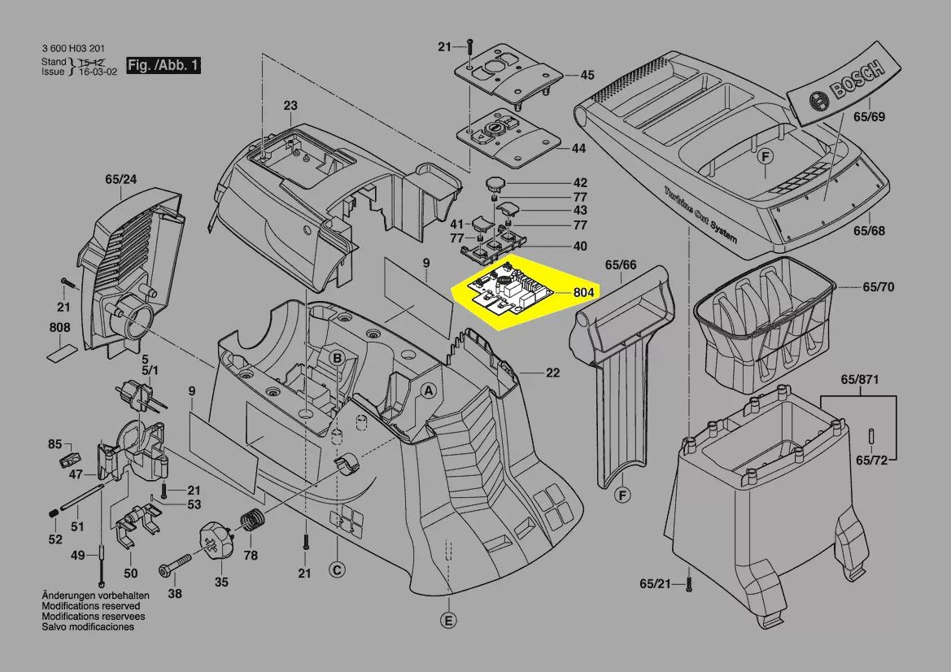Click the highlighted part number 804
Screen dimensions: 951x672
click(x=583, y=292)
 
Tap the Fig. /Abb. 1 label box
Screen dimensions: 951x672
click(x=164, y=65)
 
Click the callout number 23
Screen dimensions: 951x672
click(x=290, y=106)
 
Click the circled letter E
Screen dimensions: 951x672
click(x=449, y=621)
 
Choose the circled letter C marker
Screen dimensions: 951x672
click(x=337, y=569)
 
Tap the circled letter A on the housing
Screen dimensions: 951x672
click(x=429, y=391)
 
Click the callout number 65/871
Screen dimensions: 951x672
click(x=859, y=380)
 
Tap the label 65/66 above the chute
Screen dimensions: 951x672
click(x=621, y=264)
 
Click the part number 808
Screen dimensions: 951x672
click(x=59, y=328)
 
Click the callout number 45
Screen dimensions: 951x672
click(x=587, y=75)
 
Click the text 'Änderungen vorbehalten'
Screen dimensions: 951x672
click(x=95, y=596)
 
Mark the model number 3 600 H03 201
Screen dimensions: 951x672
click(x=76, y=49)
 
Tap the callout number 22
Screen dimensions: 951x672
click(x=552, y=373)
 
